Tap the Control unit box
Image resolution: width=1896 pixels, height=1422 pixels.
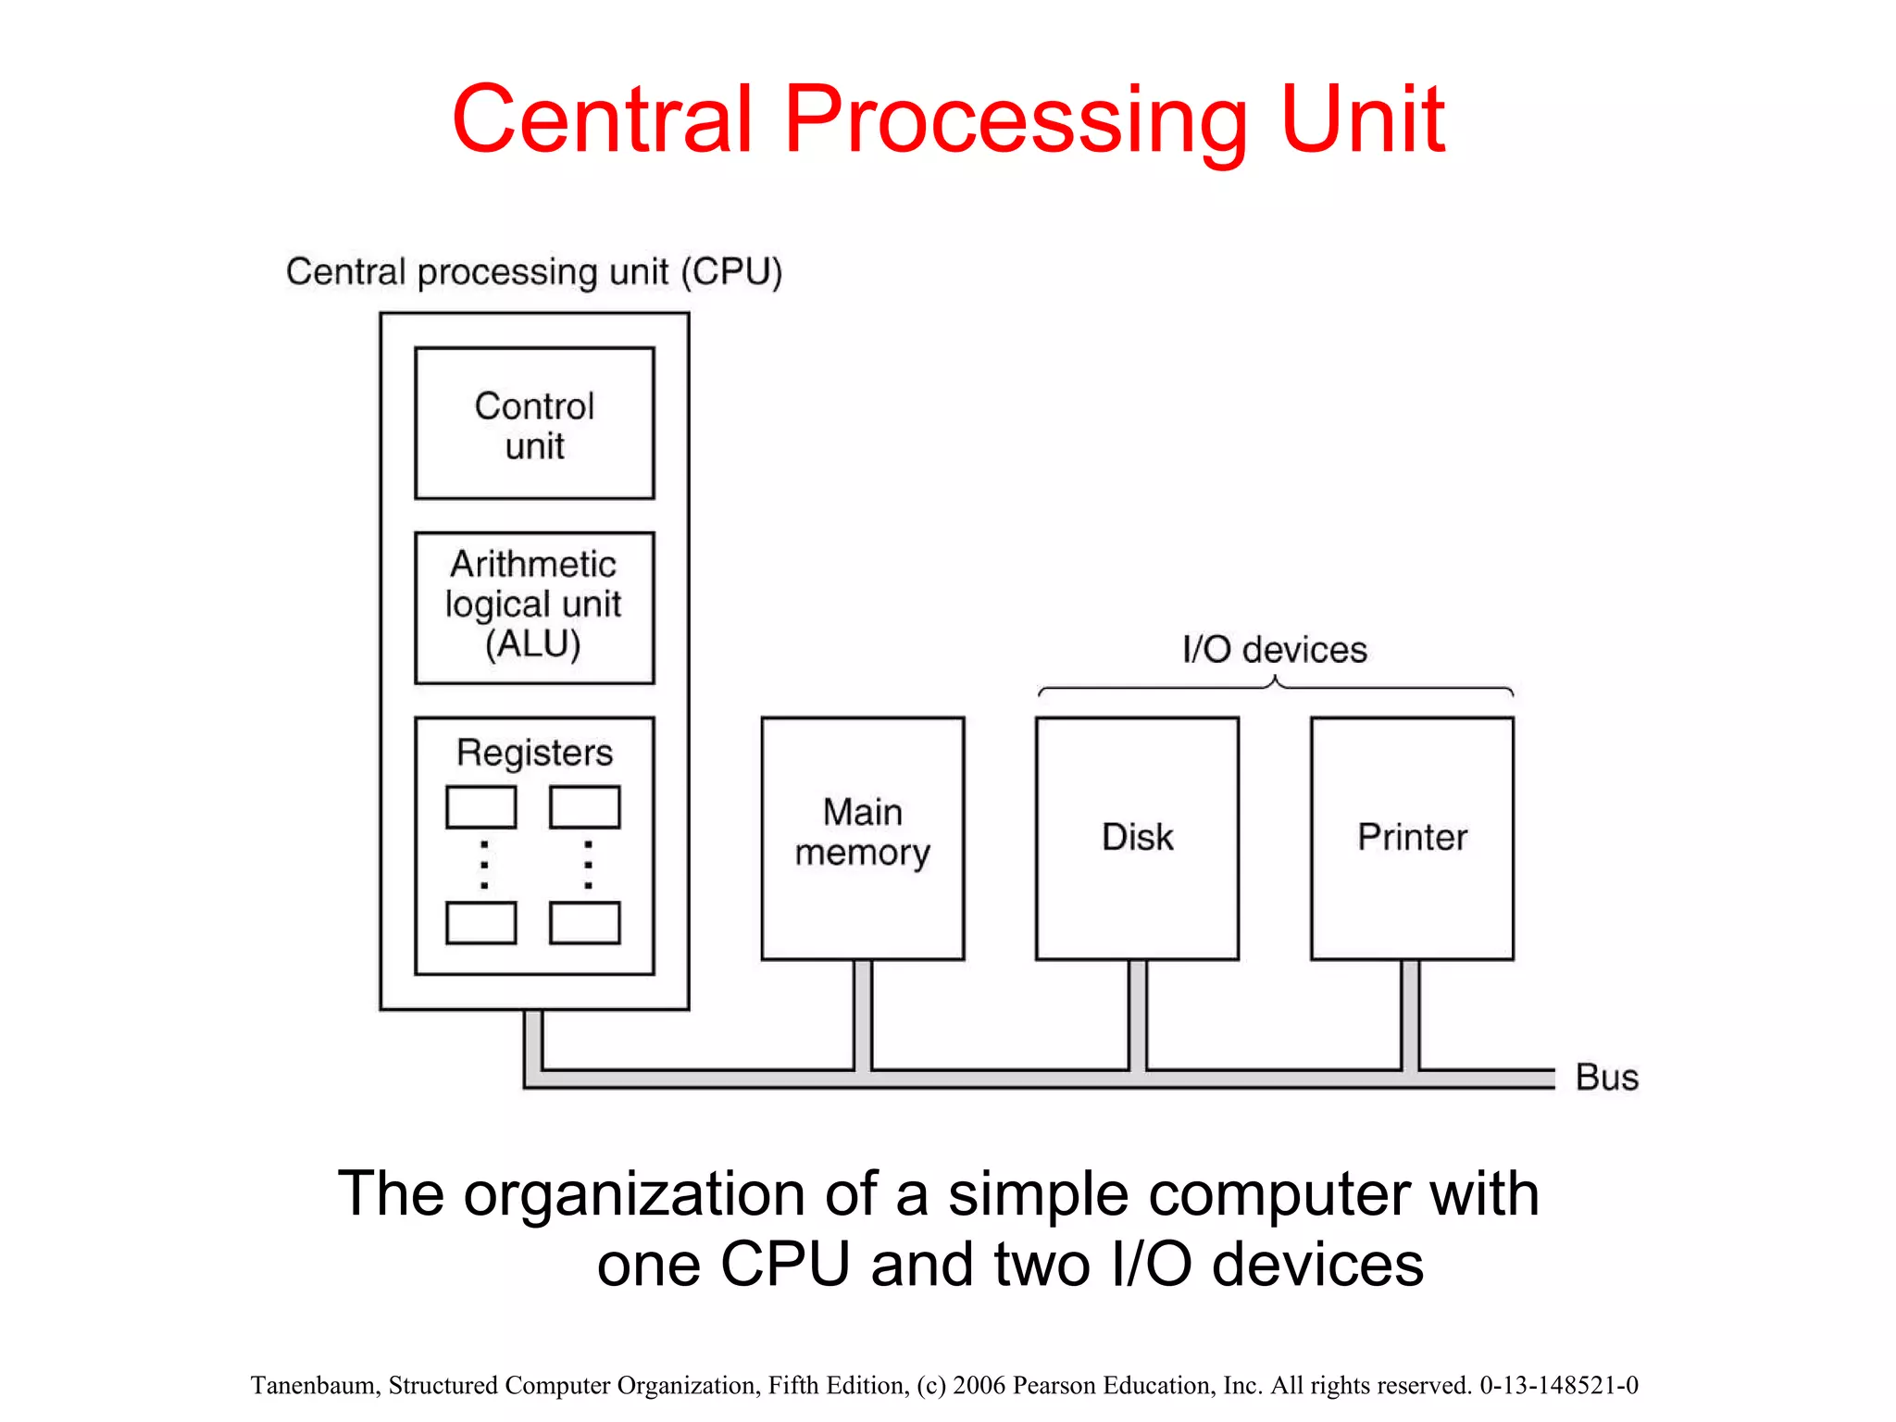point(534,424)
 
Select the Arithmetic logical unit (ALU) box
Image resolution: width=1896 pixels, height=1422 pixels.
point(534,606)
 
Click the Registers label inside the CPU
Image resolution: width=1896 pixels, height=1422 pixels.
point(534,753)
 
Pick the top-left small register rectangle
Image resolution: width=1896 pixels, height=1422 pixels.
point(480,807)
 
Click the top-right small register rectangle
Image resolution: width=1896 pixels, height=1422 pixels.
point(584,807)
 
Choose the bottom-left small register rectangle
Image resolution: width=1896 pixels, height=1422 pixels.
point(480,923)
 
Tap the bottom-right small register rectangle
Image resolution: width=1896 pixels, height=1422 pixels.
point(584,923)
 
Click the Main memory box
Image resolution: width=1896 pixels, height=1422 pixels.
point(862,837)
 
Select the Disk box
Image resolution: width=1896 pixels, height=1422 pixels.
point(1137,837)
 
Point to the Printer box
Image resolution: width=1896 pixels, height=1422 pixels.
point(1412,837)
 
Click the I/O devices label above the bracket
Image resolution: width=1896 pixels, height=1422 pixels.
point(1274,650)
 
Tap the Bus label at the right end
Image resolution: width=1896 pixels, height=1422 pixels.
point(1607,1078)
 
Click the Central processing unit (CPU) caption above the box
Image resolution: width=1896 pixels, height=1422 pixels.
point(534,272)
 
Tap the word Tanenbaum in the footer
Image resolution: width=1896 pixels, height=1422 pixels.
point(314,1385)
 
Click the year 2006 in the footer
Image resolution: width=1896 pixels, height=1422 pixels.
point(979,1385)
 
